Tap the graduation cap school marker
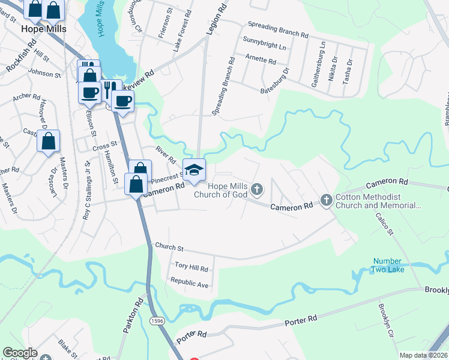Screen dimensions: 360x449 click(194, 170)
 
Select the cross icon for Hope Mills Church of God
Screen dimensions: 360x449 click(257, 190)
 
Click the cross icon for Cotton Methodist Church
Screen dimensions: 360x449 click(327, 199)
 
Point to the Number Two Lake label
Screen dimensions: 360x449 click(388, 265)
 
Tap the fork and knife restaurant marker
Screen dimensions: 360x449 click(110, 89)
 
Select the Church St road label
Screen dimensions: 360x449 click(169, 247)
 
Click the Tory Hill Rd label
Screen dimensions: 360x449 click(191, 268)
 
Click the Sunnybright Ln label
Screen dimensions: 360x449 click(265, 46)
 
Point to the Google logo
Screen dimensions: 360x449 click(20, 352)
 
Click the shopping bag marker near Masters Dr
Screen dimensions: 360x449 click(49, 142)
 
